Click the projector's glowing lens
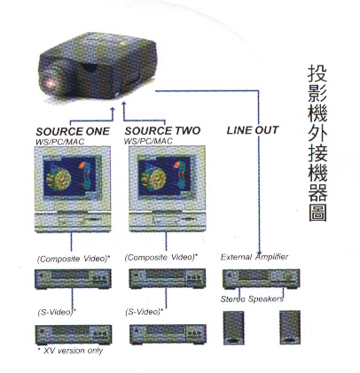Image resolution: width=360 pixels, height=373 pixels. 51,82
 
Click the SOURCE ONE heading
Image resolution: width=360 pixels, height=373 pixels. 73,131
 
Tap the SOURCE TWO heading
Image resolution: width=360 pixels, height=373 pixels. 162,131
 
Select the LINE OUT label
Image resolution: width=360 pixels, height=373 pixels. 253,130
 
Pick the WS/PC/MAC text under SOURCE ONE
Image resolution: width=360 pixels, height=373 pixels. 59,142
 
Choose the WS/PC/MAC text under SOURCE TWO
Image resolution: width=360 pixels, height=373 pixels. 148,141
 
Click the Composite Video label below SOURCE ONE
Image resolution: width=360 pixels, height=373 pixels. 74,259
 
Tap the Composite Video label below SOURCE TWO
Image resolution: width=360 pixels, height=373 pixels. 161,258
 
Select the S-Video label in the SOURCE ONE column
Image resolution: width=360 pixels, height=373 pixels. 57,312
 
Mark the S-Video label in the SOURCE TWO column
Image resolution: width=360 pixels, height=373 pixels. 144,312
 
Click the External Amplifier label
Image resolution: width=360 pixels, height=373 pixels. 254,257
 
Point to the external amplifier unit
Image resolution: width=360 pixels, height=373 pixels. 262,278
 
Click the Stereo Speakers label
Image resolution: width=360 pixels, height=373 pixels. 252,299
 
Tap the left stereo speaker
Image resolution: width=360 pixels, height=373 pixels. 233,328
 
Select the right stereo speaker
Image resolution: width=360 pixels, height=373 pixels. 290,327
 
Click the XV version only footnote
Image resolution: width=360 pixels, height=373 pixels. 70,351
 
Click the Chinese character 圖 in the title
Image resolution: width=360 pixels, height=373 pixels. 317,212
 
